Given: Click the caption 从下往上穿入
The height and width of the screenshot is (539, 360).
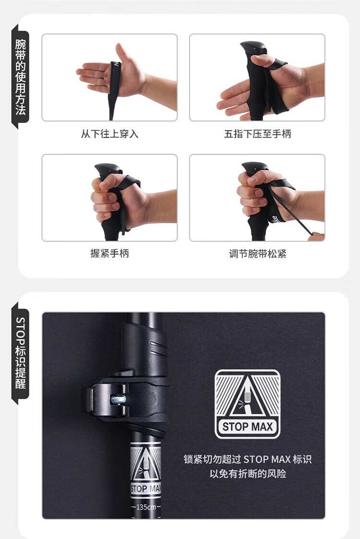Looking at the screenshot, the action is pos(110,134).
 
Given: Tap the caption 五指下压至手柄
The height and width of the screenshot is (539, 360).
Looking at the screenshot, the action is pos(258,134).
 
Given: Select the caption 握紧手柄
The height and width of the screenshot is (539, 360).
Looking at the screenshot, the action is pos(110,253).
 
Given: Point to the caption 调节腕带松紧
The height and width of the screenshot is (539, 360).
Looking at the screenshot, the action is pos(258,254).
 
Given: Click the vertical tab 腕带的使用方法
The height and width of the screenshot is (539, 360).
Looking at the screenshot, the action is pos(20,77).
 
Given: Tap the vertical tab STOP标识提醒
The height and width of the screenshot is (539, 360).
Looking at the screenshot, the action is pos(20,353).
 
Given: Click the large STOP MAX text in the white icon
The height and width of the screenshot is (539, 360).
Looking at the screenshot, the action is pos(248,427).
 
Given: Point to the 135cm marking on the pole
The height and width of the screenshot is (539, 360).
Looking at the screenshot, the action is pos(146,507).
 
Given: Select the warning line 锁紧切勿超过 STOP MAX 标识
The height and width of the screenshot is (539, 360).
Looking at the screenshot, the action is pos(248,459).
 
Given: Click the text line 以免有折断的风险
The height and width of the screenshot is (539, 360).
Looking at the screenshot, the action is pos(248,474).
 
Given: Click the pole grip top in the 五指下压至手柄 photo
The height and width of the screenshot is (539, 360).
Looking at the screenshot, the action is pos(253,47).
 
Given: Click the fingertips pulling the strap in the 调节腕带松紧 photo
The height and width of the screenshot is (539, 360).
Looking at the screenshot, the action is pos(316,237).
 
